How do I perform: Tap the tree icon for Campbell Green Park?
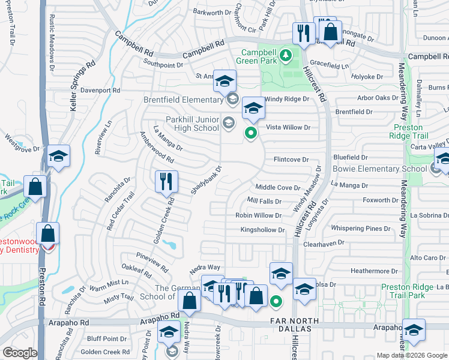coord(287,56)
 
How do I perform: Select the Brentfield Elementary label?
coord(184,100)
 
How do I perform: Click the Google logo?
coord(19,353)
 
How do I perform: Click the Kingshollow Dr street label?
coord(262,230)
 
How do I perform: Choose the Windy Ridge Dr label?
coord(287,98)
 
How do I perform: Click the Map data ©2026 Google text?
coord(411,355)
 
